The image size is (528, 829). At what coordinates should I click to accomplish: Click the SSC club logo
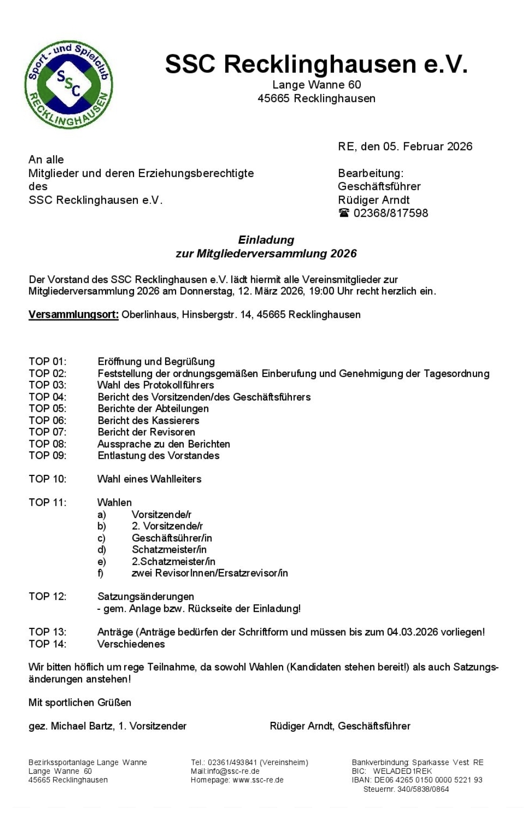[69, 85]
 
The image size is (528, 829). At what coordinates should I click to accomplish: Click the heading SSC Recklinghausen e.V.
[316, 64]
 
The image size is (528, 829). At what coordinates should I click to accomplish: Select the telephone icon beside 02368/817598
[344, 213]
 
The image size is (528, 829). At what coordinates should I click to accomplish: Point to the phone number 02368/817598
[391, 213]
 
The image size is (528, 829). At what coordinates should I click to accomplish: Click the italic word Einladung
[266, 240]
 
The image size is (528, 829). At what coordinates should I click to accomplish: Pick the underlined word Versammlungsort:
[73, 314]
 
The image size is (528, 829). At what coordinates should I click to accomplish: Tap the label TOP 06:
[47, 421]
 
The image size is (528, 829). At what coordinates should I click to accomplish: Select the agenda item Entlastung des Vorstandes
[158, 456]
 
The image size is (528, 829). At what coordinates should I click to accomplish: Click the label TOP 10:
[47, 479]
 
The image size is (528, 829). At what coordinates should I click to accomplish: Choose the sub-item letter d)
[102, 550]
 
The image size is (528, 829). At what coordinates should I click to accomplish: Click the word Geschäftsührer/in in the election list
[172, 538]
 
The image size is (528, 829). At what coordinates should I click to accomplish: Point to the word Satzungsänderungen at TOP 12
[146, 597]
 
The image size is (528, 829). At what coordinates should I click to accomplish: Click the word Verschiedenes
[131, 644]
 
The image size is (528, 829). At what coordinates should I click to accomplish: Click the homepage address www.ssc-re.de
[258, 780]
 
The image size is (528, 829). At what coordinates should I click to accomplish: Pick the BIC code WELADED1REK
[402, 771]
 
